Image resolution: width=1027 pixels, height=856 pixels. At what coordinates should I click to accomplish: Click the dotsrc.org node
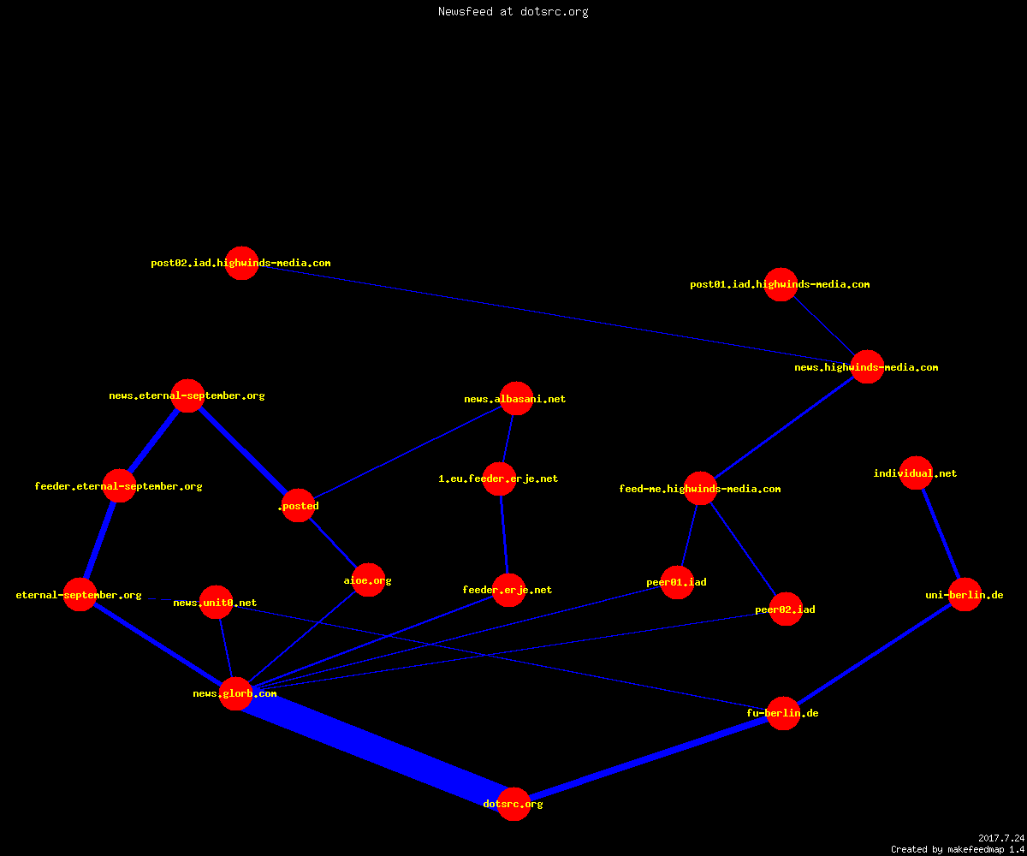[x=513, y=804]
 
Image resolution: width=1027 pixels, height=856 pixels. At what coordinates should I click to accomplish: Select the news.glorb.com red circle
[x=235, y=693]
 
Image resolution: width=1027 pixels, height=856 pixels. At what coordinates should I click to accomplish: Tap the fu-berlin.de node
[x=783, y=713]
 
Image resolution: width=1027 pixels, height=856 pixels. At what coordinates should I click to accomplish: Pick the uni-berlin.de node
[x=965, y=594]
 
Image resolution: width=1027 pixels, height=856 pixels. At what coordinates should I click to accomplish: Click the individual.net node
[x=916, y=473]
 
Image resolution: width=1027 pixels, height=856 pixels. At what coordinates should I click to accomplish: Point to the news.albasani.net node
[x=516, y=398]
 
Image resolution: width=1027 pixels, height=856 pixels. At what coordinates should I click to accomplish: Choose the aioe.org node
[x=368, y=580]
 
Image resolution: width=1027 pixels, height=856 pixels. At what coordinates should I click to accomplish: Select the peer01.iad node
[x=677, y=582]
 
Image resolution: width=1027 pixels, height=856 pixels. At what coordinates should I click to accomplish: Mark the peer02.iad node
[x=786, y=609]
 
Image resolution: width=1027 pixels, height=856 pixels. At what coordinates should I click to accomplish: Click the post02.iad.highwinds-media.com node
[x=241, y=263]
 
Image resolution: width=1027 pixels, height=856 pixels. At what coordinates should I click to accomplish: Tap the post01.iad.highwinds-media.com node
[x=781, y=284]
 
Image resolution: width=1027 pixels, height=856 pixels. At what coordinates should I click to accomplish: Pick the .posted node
[x=298, y=505]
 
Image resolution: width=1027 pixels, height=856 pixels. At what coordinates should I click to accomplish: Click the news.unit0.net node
[x=216, y=602]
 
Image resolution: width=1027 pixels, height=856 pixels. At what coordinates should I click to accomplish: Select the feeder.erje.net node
[x=508, y=590]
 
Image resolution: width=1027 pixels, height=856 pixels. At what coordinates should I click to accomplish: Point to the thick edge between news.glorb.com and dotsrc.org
[x=375, y=749]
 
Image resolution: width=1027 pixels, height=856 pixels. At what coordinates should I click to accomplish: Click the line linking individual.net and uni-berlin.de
[x=941, y=534]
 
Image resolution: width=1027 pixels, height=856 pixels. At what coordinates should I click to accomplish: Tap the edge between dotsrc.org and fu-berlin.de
[x=648, y=758]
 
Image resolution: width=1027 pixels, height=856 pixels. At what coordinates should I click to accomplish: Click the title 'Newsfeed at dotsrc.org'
[x=513, y=11]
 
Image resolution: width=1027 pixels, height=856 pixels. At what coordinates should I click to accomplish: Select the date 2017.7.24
[x=1001, y=838]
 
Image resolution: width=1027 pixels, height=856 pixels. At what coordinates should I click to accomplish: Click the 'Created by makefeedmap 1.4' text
[x=957, y=849]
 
